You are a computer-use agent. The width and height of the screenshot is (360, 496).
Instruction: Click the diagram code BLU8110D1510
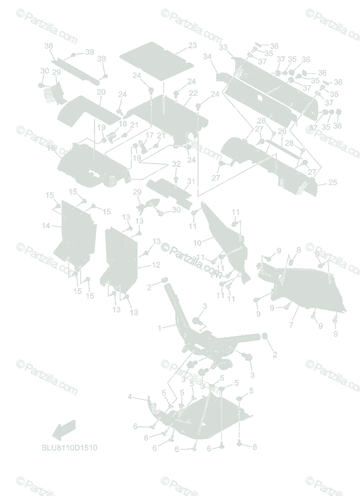pyautogui.click(x=69, y=448)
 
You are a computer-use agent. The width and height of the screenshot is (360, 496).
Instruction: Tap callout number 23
pyautogui.click(x=193, y=45)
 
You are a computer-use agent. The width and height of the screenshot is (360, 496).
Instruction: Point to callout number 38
pyautogui.click(x=49, y=46)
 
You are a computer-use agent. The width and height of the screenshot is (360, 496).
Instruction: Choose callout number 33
pyautogui.click(x=223, y=48)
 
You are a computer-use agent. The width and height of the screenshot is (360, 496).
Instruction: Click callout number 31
pyautogui.click(x=191, y=181)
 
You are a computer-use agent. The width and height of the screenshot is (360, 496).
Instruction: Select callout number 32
pyautogui.click(x=176, y=164)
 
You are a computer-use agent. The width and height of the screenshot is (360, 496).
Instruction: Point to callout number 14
pyautogui.click(x=46, y=226)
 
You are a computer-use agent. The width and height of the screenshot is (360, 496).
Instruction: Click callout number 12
pyautogui.click(x=156, y=265)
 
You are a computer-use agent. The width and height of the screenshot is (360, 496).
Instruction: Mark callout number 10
pyautogui.click(x=197, y=242)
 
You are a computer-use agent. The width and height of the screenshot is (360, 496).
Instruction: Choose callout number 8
pyautogui.click(x=298, y=250)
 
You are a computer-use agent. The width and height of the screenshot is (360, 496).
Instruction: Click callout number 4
pyautogui.click(x=130, y=397)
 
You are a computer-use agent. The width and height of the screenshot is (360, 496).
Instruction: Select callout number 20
pyautogui.click(x=101, y=92)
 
